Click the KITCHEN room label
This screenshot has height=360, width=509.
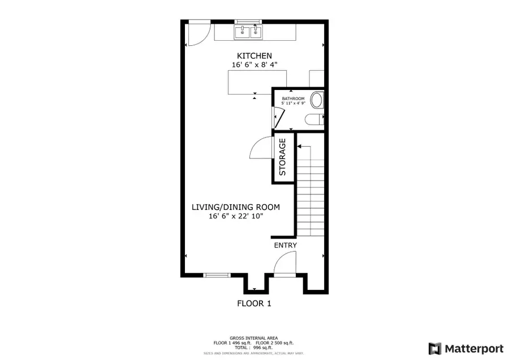[254, 55]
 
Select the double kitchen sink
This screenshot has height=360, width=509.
[249, 31]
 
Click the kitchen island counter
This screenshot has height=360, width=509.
[257, 82]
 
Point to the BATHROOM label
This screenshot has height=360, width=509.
[294, 98]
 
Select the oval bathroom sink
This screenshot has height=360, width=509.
[317, 101]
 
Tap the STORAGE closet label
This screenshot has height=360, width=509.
[283, 158]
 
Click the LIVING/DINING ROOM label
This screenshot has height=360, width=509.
[235, 207]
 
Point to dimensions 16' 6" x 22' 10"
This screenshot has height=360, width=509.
[235, 216]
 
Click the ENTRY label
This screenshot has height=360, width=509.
[286, 245]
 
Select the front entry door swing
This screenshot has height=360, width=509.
[284, 263]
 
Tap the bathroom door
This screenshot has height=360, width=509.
[279, 118]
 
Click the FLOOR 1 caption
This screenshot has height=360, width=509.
[254, 303]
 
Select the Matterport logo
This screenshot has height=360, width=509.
[465, 347]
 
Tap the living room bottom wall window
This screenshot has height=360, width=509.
[217, 275]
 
